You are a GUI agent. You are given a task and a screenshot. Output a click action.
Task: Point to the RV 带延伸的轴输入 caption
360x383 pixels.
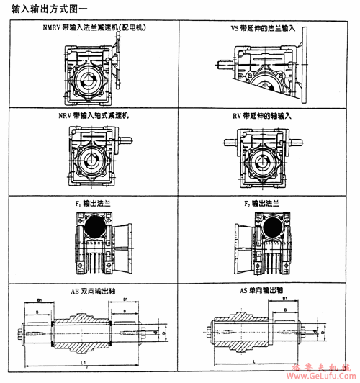(x=264, y=114)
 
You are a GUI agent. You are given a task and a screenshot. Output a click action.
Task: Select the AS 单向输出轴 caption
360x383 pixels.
(x=264, y=291)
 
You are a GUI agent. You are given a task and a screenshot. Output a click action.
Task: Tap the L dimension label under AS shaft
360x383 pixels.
(x=255, y=357)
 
